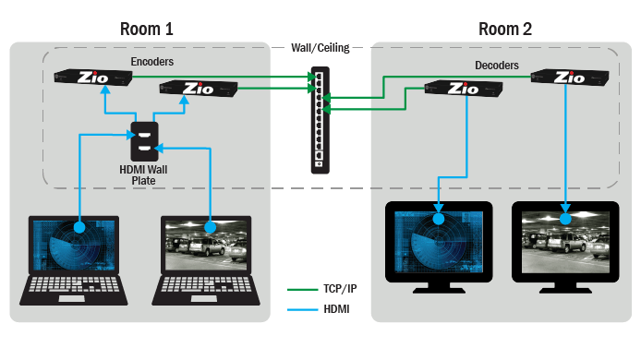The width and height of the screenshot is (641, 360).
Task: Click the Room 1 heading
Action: pos(146,28)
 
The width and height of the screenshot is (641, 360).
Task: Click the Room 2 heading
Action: pos(504,28)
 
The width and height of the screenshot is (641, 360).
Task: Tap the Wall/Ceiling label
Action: pos(320,48)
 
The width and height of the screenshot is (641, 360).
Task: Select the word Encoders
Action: pos(152,62)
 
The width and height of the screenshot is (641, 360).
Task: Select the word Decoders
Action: pos(497,66)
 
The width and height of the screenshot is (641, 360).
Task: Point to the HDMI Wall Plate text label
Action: pos(145,174)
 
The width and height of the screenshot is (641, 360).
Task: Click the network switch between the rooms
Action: pos(320,119)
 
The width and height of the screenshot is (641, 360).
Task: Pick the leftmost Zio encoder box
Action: pos(93,78)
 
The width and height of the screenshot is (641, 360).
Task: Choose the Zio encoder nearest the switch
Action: pos(199,89)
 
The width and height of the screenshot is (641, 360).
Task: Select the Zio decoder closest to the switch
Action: pos(463,89)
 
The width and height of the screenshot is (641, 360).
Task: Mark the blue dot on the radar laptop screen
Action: pos(80,226)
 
